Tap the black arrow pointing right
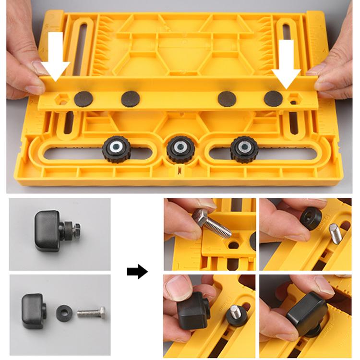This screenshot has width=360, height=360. [137, 272]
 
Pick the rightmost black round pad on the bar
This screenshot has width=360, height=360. [273, 98]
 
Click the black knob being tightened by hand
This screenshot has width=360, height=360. [306, 312]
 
